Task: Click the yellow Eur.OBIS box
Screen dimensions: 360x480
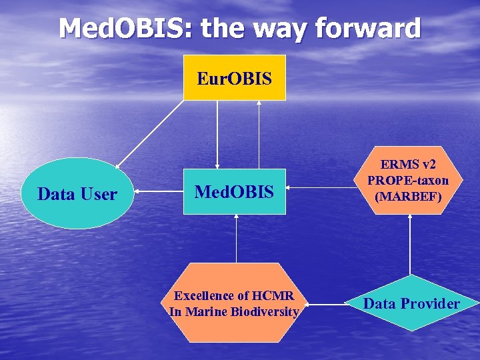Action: [x=234, y=78]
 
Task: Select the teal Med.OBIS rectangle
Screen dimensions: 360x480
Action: [x=234, y=192]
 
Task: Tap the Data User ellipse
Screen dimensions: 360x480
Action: [x=77, y=193]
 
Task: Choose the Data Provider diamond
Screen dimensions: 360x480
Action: [x=411, y=303]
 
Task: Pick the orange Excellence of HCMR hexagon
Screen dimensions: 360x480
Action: [x=234, y=303]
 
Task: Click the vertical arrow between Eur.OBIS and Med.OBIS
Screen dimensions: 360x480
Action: [x=217, y=133]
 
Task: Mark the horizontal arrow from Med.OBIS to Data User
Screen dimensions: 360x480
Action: [x=159, y=193]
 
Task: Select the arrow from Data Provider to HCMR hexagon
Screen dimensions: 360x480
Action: [x=326, y=305]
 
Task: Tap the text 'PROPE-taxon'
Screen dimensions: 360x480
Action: [x=408, y=181]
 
